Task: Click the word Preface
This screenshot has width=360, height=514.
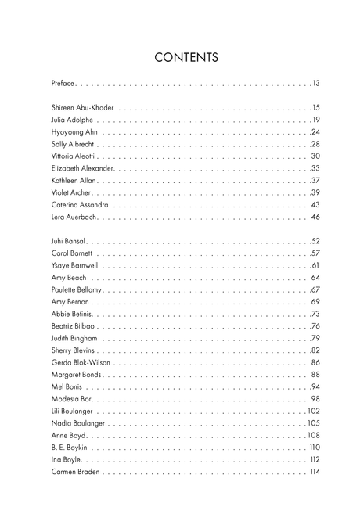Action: tap(64, 83)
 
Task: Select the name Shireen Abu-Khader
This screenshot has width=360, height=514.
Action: tap(82, 107)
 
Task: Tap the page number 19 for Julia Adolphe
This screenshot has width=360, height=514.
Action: tap(315, 120)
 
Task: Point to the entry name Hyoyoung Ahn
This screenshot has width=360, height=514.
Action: tap(74, 132)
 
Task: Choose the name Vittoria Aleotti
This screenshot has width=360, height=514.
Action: tap(74, 156)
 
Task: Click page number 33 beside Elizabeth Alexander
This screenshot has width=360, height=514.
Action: tap(315, 168)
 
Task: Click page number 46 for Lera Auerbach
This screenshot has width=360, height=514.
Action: tap(315, 217)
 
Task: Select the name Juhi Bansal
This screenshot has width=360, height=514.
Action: tap(69, 241)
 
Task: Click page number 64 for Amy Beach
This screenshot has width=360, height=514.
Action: tap(315, 277)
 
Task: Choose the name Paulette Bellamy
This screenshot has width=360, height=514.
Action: tap(77, 289)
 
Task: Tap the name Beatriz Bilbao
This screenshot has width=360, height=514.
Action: tap(73, 325)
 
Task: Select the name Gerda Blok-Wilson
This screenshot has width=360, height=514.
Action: tap(81, 362)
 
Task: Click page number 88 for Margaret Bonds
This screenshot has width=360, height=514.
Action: tap(315, 375)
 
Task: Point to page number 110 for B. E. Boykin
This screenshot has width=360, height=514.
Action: tap(315, 448)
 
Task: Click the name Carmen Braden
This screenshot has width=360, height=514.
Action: tap(75, 472)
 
